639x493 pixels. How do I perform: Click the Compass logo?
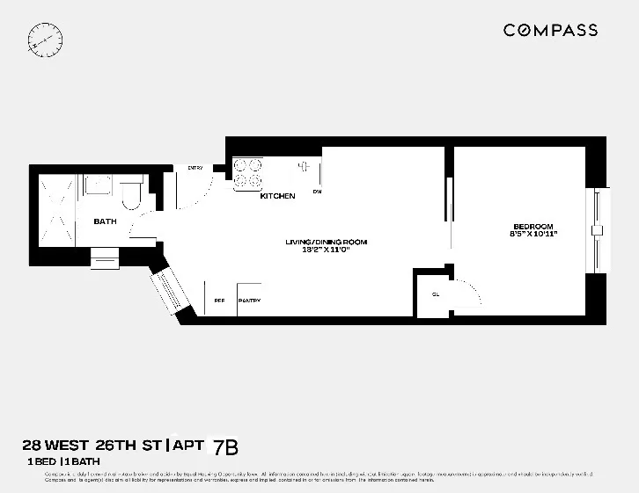pos(550,31)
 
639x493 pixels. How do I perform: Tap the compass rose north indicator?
pos(46,39)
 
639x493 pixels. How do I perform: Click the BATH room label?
pos(106,221)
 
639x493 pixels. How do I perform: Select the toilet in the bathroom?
pos(131,195)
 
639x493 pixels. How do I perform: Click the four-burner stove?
pos(247,172)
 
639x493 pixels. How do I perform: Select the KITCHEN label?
pos(277,196)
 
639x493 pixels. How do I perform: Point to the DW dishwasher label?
pos(317,192)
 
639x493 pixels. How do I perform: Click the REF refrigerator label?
pos(219,301)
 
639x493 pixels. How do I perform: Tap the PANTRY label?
pos(249,301)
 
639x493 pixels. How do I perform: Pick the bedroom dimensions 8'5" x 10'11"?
pos(533,235)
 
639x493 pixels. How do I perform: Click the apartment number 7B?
pos(226,447)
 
